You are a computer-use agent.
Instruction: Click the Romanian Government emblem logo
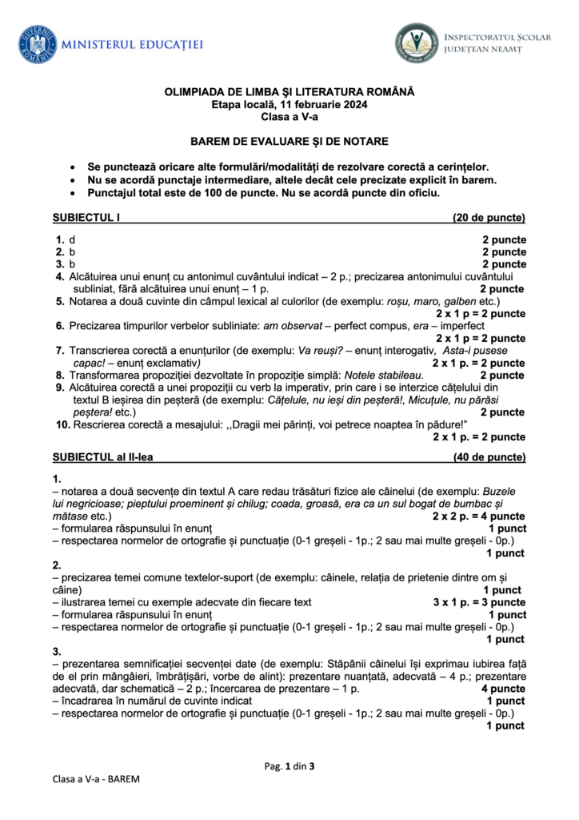click(x=38, y=45)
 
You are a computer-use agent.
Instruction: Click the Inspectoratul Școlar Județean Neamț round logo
click(x=416, y=42)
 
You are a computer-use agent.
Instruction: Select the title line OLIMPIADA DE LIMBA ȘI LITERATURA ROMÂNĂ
click(x=289, y=93)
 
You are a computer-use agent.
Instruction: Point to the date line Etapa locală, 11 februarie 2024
click(x=289, y=105)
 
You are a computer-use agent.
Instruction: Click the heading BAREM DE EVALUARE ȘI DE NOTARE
click(x=289, y=142)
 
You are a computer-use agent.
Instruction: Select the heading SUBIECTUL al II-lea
click(x=102, y=457)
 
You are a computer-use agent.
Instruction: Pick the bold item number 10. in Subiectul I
click(x=62, y=424)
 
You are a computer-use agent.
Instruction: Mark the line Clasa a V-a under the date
click(x=289, y=117)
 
